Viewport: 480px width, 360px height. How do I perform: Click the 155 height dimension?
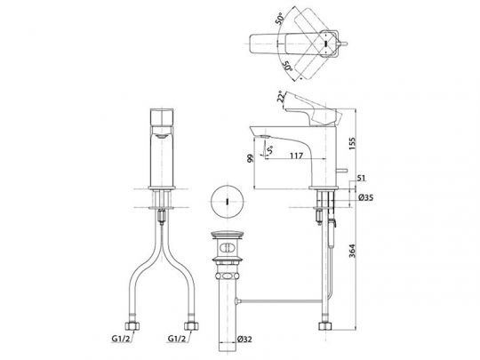pyautogui.click(x=352, y=144)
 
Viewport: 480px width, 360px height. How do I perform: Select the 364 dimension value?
pyautogui.click(x=352, y=251)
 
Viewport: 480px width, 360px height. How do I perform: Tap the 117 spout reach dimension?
pyautogui.click(x=296, y=156)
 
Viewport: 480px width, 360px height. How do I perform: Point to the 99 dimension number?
pyautogui.click(x=251, y=158)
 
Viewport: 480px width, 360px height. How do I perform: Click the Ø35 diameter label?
pyautogui.click(x=366, y=197)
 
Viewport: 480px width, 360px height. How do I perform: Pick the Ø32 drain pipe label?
pyautogui.click(x=244, y=339)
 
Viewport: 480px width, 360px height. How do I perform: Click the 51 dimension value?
pyautogui.click(x=361, y=178)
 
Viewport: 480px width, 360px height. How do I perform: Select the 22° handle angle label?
pyautogui.click(x=280, y=96)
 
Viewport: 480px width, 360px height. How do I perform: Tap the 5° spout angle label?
pyautogui.click(x=269, y=150)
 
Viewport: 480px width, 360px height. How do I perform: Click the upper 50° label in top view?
pyautogui.click(x=279, y=19)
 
